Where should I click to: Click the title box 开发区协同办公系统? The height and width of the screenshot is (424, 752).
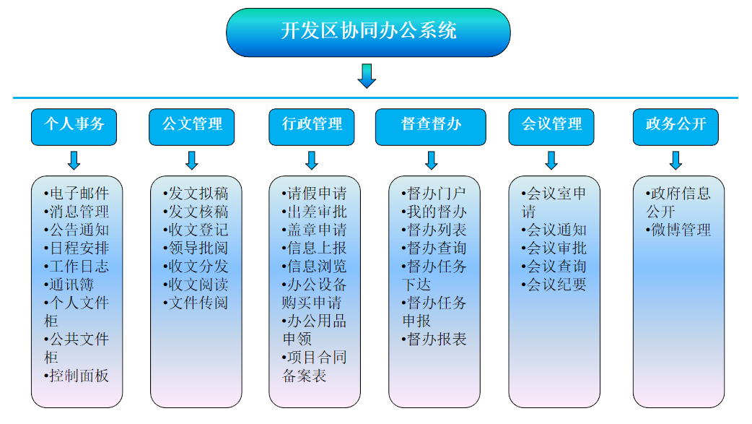[368, 32]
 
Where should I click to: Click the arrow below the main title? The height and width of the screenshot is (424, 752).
[367, 76]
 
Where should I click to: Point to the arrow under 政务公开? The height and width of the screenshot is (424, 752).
[676, 160]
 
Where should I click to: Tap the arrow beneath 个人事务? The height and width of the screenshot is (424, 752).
[74, 160]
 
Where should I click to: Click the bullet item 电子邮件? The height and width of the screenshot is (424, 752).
[77, 194]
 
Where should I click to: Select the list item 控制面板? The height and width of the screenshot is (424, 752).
[77, 376]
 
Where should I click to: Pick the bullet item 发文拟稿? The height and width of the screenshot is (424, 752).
[196, 194]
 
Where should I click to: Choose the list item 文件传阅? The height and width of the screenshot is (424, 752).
[196, 303]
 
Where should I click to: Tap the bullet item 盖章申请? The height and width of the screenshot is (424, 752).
[315, 230]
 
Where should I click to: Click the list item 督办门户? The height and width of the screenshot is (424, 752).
[434, 194]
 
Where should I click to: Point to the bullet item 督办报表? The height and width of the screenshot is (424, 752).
[434, 339]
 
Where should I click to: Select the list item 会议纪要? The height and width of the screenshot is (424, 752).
[554, 285]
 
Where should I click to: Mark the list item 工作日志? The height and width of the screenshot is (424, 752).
[77, 267]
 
